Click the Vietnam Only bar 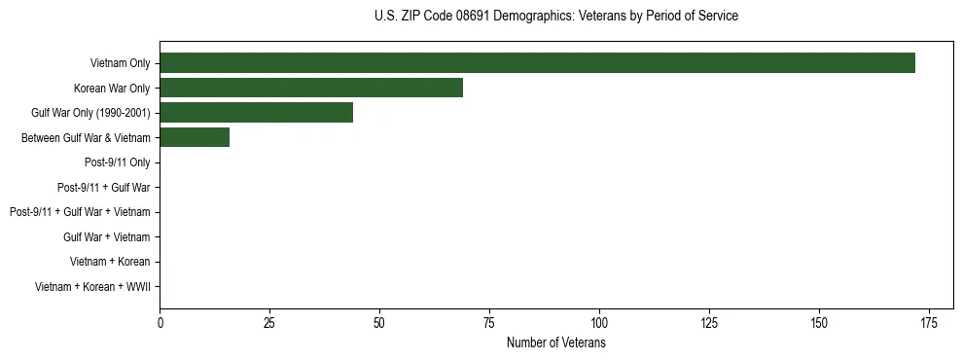(537, 63)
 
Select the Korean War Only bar (311, 88)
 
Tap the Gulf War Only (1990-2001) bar (256, 113)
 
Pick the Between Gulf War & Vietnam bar (195, 138)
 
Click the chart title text (555, 17)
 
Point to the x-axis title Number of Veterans (555, 342)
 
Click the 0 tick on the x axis (160, 323)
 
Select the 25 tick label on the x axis (269, 323)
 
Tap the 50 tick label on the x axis (379, 323)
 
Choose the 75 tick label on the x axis (489, 323)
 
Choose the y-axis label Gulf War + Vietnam (106, 237)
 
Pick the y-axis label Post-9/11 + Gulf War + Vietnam (80, 212)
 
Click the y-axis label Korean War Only (112, 89)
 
